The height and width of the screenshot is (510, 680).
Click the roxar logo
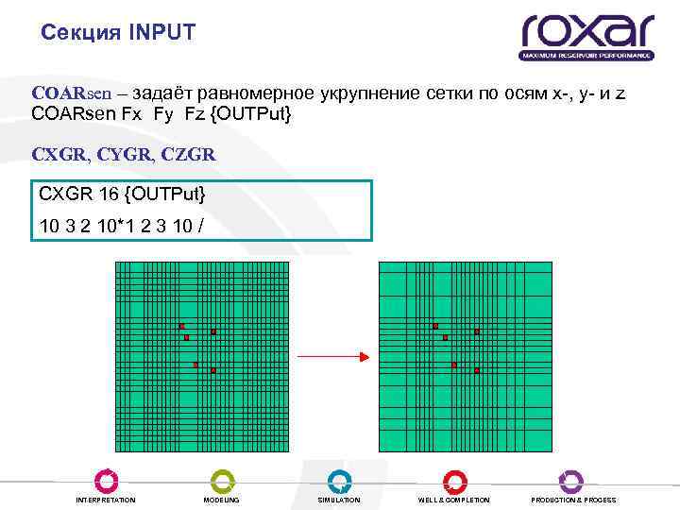586,36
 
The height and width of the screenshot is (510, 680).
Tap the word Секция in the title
80,33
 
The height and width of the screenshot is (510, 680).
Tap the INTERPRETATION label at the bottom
106,500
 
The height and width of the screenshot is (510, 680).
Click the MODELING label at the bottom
222,500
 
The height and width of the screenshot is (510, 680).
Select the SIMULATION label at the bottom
339,500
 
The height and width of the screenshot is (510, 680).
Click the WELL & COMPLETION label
454,500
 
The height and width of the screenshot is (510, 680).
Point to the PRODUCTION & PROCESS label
573,500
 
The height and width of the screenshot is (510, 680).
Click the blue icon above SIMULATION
339,481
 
